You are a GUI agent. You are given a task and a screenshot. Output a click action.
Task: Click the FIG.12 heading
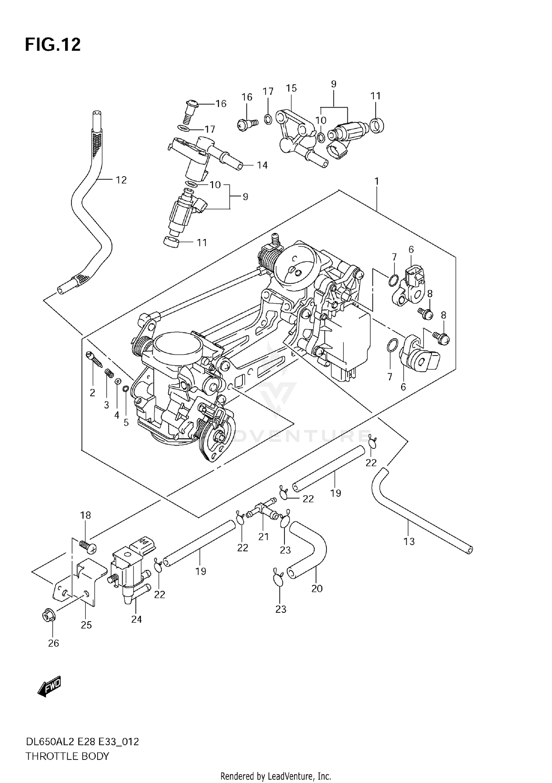tap(53, 45)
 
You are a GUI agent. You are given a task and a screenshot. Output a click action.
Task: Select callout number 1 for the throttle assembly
tap(376, 181)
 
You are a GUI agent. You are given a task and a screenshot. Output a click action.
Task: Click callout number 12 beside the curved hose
tap(121, 180)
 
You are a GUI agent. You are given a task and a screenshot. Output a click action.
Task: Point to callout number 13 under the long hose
tap(409, 541)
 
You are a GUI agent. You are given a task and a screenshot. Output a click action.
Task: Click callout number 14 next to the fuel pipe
tap(262, 165)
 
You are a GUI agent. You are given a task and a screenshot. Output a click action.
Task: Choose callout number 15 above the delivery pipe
tap(291, 88)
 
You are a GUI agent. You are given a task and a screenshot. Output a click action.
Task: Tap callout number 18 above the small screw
tap(85, 515)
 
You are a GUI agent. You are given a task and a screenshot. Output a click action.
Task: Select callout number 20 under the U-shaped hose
tap(316, 588)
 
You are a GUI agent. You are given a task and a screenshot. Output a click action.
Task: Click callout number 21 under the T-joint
tap(263, 537)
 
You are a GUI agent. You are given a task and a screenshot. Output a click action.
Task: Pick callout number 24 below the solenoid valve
tap(136, 619)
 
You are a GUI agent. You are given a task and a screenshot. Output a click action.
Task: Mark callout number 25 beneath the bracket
tap(86, 625)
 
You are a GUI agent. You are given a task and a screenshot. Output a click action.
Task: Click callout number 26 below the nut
tap(53, 643)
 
